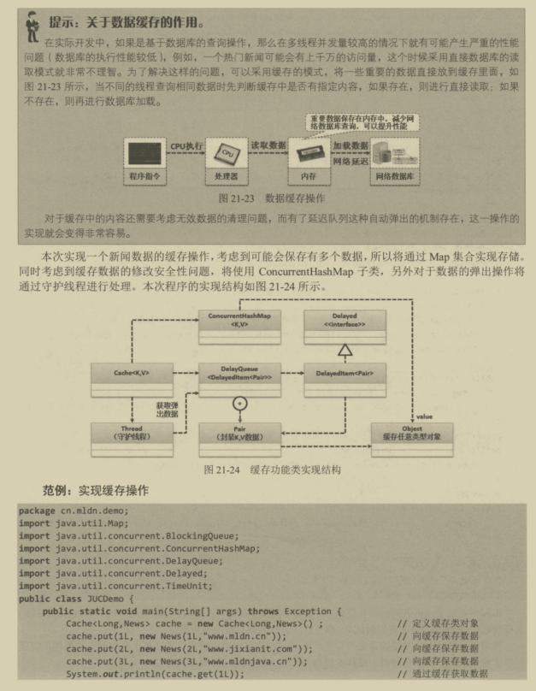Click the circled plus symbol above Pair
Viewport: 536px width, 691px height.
pos(240,401)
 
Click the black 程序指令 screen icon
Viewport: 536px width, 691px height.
pos(148,154)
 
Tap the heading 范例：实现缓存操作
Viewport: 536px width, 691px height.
pos(96,491)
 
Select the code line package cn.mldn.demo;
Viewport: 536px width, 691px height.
pos(74,511)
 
